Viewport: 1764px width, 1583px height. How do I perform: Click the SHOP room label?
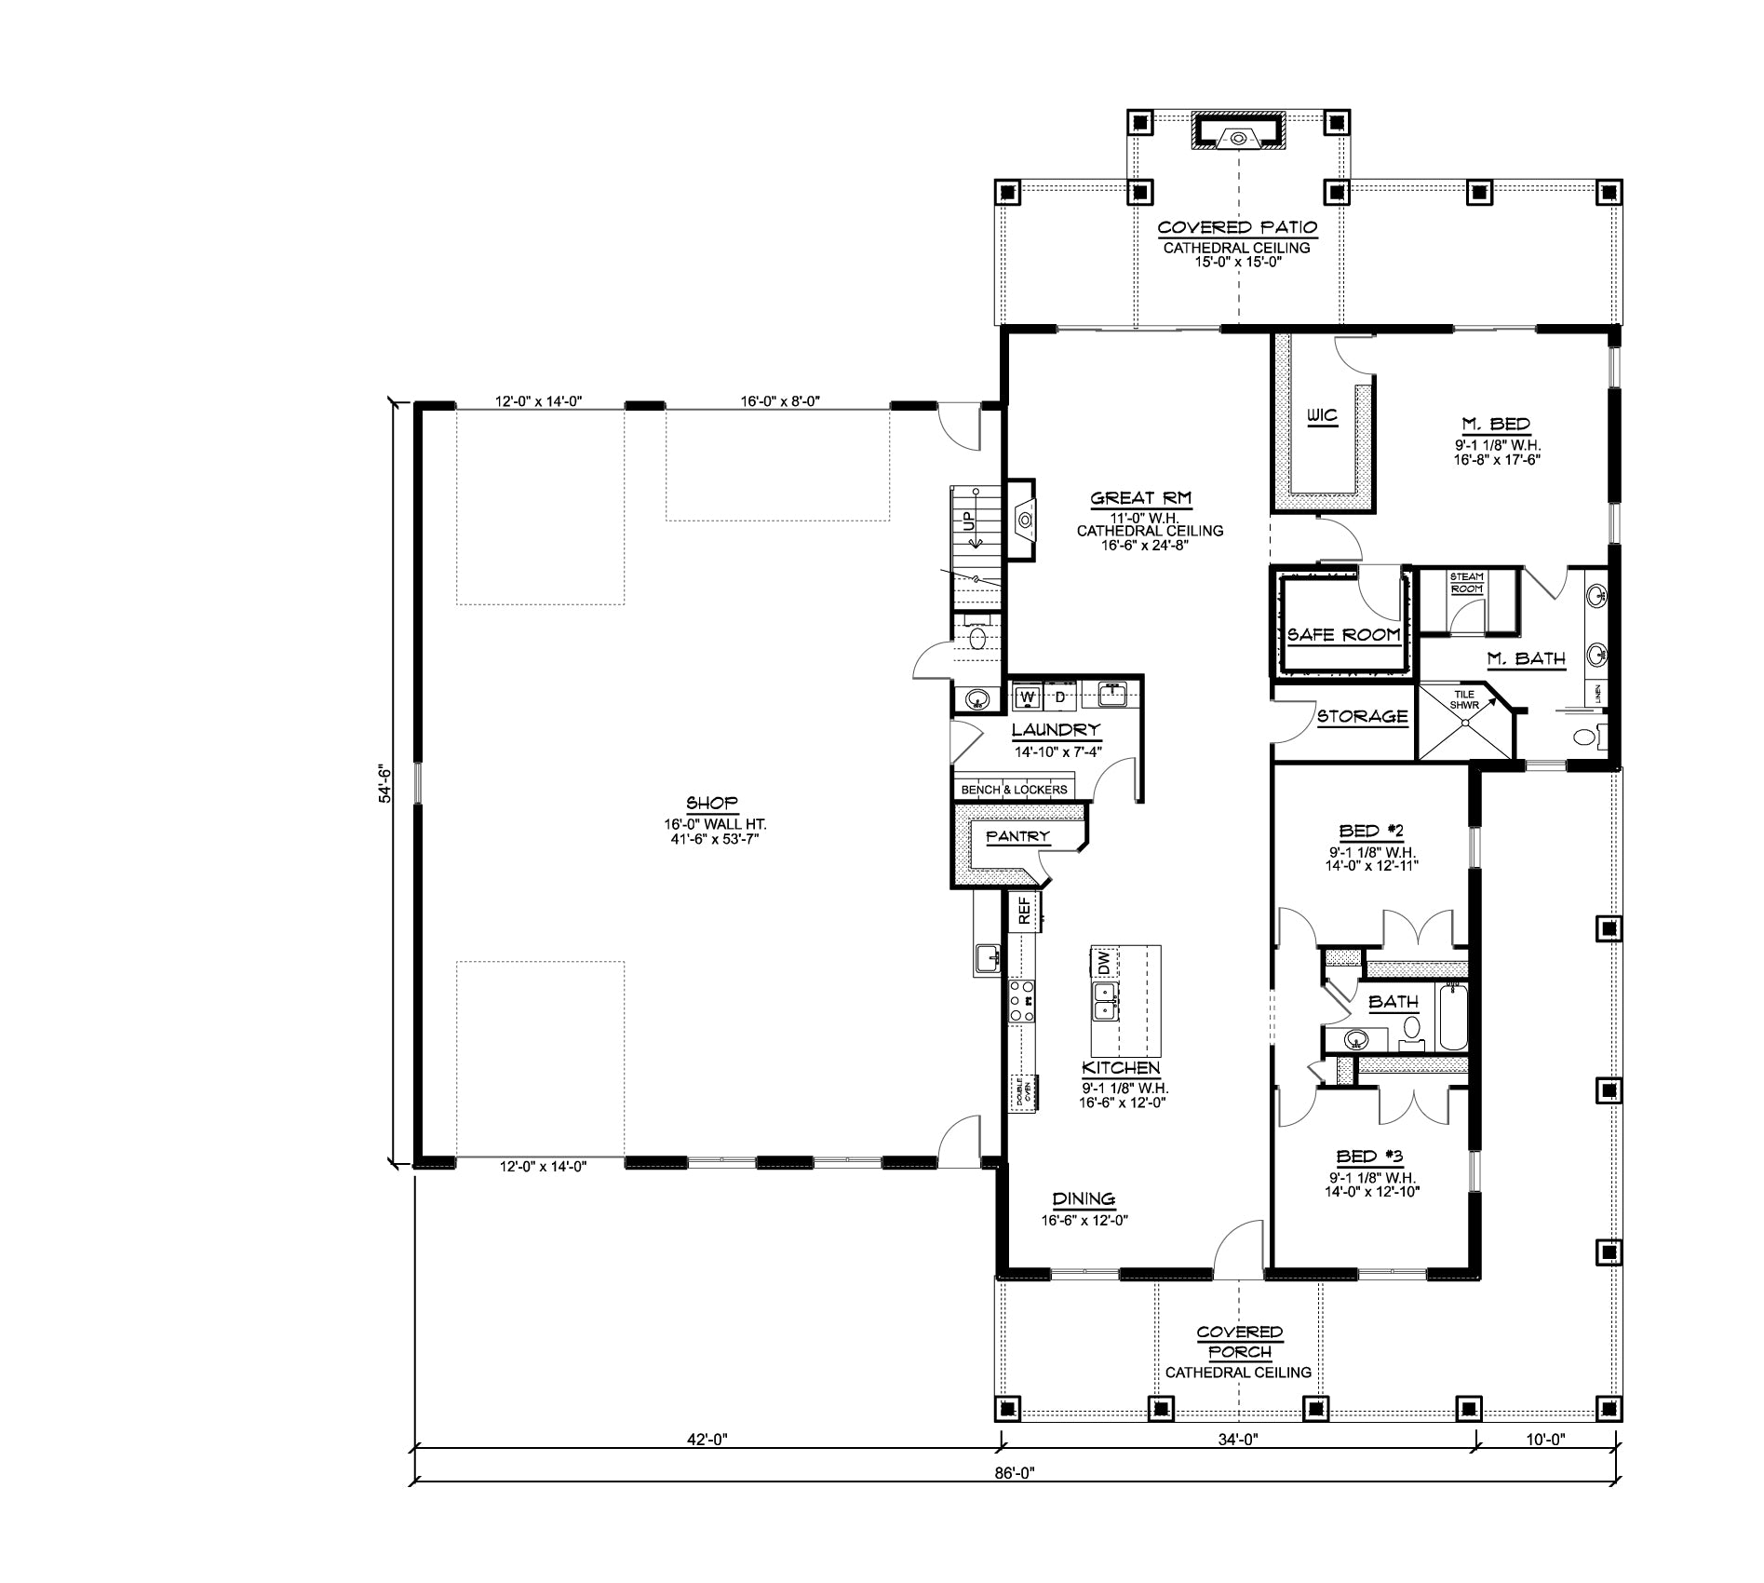pos(712,803)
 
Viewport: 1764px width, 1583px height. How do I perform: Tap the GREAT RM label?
pos(1141,499)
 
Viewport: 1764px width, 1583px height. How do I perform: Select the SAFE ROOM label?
pos(1343,635)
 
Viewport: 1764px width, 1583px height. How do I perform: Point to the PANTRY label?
pos(1017,836)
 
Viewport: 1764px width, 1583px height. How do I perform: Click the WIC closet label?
pos(1322,415)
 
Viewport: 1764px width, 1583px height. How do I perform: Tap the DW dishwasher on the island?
pos(1103,961)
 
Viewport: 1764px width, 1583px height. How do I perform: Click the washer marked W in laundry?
pos(1028,697)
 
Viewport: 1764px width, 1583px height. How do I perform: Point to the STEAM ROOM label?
pos(1467,583)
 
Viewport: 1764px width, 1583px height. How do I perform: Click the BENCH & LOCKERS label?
pos(1014,790)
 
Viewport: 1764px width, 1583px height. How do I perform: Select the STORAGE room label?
pos(1362,716)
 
